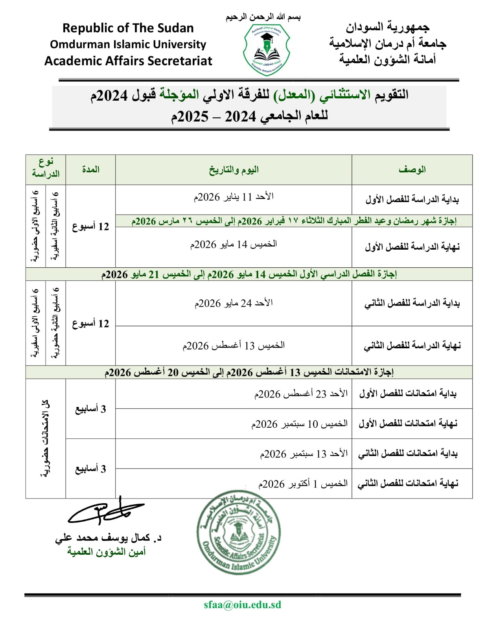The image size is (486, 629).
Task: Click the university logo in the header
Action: pyautogui.click(x=267, y=50)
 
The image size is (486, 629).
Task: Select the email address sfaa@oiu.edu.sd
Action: pyautogui.click(x=242, y=605)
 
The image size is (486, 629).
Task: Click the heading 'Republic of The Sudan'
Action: pyautogui.click(x=128, y=28)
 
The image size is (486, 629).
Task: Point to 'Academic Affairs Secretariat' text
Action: pyautogui.click(x=128, y=61)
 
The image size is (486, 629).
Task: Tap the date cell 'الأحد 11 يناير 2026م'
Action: pyautogui.click(x=234, y=197)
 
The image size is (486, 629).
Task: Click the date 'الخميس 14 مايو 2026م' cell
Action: pyautogui.click(x=234, y=245)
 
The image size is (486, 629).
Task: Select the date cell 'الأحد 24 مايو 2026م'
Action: pyautogui.click(x=234, y=303)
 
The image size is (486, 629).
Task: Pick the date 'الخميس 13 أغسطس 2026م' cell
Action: pyautogui.click(x=234, y=346)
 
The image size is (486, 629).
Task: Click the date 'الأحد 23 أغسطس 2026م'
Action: pyautogui.click(x=301, y=394)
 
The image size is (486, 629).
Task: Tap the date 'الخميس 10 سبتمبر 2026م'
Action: pyautogui.click(x=299, y=424)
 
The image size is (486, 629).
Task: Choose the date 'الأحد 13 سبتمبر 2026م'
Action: pyautogui.click(x=304, y=454)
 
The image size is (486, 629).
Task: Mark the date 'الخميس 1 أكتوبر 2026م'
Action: pyautogui.click(x=303, y=484)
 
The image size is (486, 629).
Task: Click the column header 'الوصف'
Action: pyautogui.click(x=412, y=170)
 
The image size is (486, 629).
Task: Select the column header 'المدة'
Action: pyautogui.click(x=90, y=170)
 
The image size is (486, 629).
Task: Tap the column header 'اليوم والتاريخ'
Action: pyautogui.click(x=234, y=170)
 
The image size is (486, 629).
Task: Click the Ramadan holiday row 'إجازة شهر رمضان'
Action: pyautogui.click(x=294, y=221)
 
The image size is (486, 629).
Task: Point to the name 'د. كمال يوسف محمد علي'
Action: pyautogui.click(x=108, y=538)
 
